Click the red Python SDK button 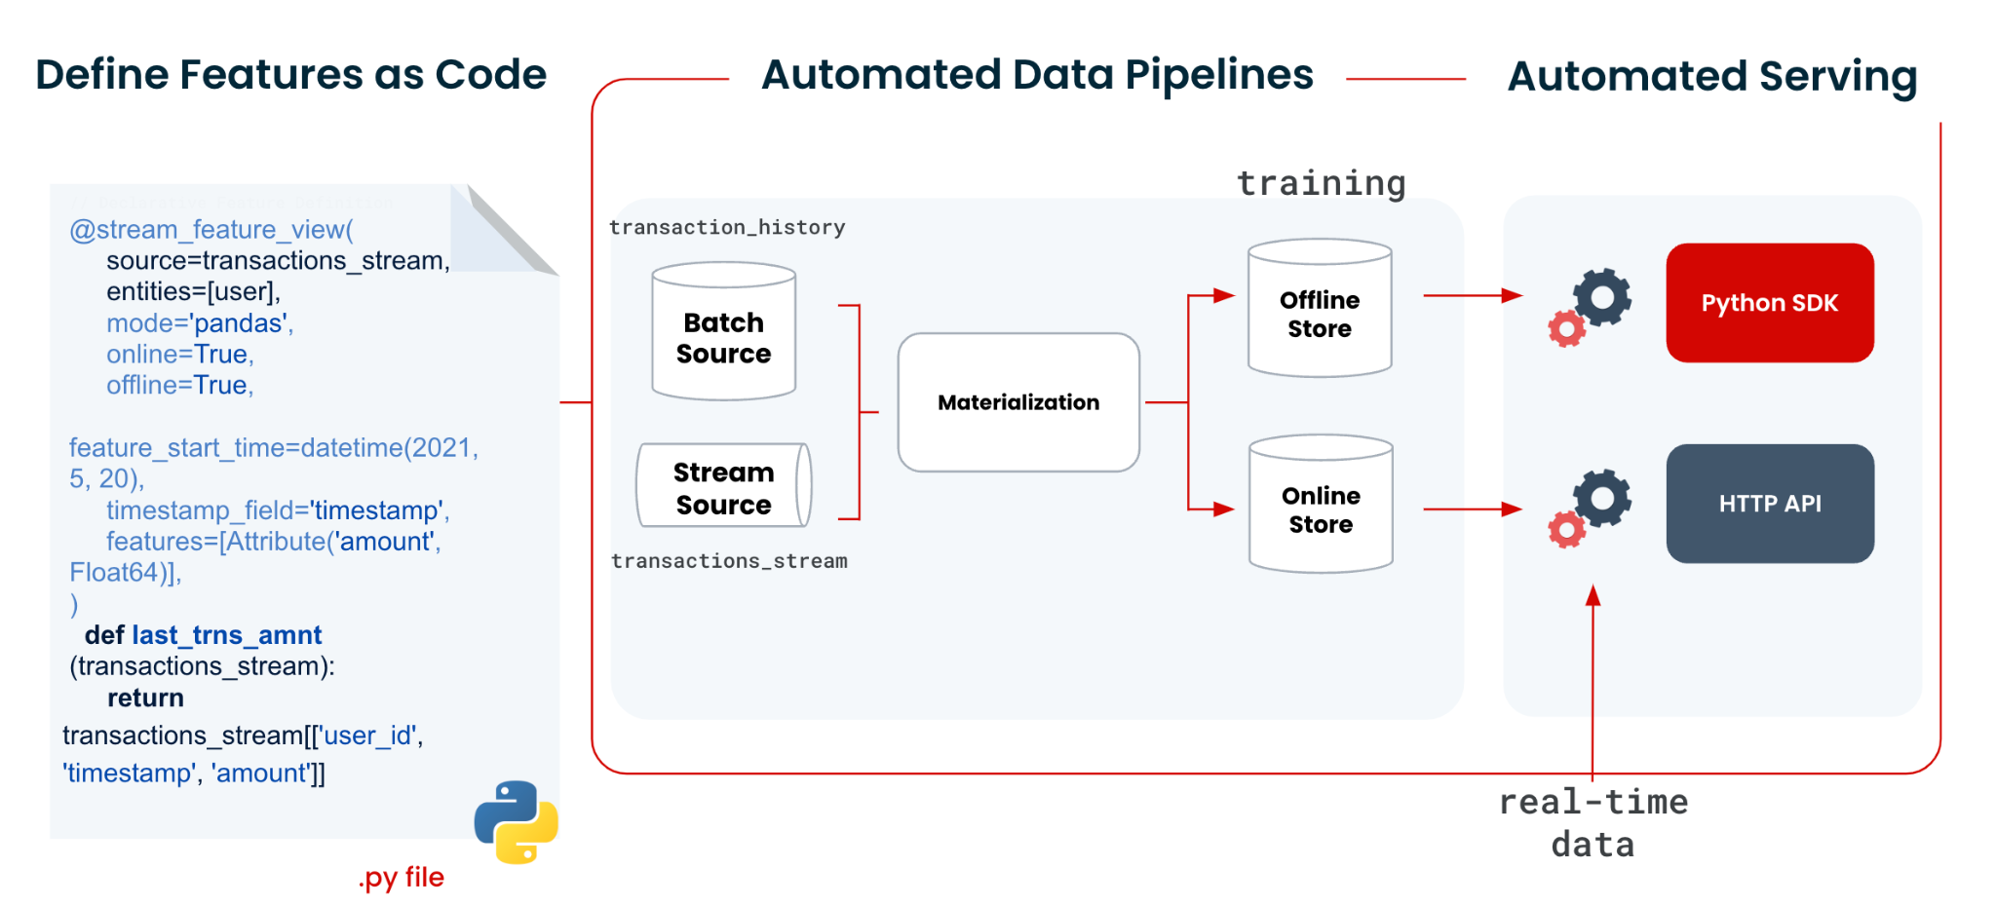coord(1769,303)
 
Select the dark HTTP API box coord(1769,504)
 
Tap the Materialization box coord(1018,402)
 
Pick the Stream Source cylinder coord(723,486)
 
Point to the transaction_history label coord(727,227)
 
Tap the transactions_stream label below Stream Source coord(729,561)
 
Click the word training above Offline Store coord(1321,182)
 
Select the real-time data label coord(1593,822)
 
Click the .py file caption coord(401,877)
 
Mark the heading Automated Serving coord(1711,76)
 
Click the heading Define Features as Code coord(290,75)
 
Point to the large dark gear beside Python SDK coord(1602,296)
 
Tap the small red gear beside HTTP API coord(1566,530)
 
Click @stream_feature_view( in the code coord(211,230)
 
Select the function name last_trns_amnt coord(226,635)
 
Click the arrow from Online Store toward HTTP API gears coord(1472,509)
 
